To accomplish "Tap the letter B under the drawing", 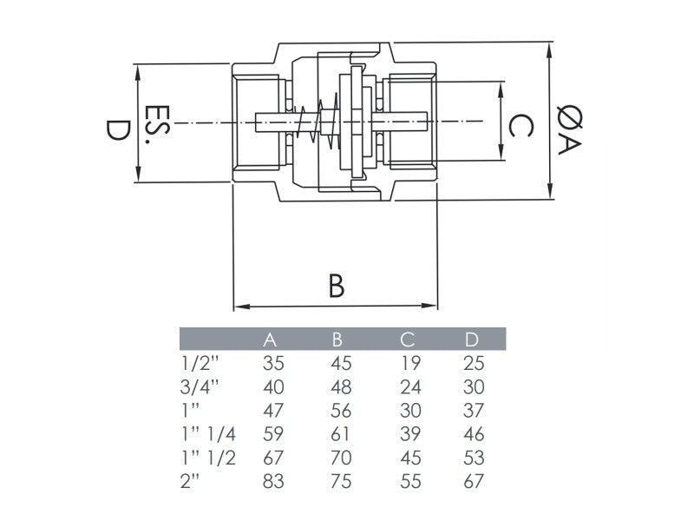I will coord(337,285).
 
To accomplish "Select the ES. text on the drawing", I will coord(158,127).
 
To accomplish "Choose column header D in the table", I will coord(472,340).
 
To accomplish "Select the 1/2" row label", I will coord(199,364).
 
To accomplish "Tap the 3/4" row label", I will coord(200,387).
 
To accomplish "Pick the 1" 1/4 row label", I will coord(208,434).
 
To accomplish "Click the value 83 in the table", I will coord(273,481).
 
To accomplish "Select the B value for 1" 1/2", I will coord(342,458).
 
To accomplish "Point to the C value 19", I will coord(409,364).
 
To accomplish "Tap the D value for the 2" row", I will coord(474,481).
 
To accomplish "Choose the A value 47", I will coord(273,411).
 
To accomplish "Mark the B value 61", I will coord(342,434).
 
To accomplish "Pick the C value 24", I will coord(410,387).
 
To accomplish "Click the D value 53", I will coord(474,458).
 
